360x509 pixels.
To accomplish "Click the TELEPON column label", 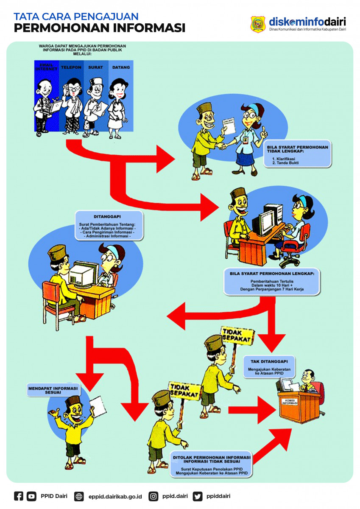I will click(71, 67).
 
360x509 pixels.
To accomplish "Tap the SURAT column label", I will click(95, 67).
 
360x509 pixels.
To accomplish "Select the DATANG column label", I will click(121, 67).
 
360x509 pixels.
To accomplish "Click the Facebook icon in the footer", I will click(19, 496).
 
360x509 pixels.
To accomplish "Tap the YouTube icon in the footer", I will click(31, 496).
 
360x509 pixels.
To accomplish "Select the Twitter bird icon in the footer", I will click(198, 496).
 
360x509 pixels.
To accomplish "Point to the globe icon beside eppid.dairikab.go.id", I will click(79, 496).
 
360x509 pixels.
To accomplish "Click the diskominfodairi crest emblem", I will click(258, 24).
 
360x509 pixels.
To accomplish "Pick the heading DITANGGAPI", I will click(109, 217).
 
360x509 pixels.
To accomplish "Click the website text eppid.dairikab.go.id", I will click(115, 496).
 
